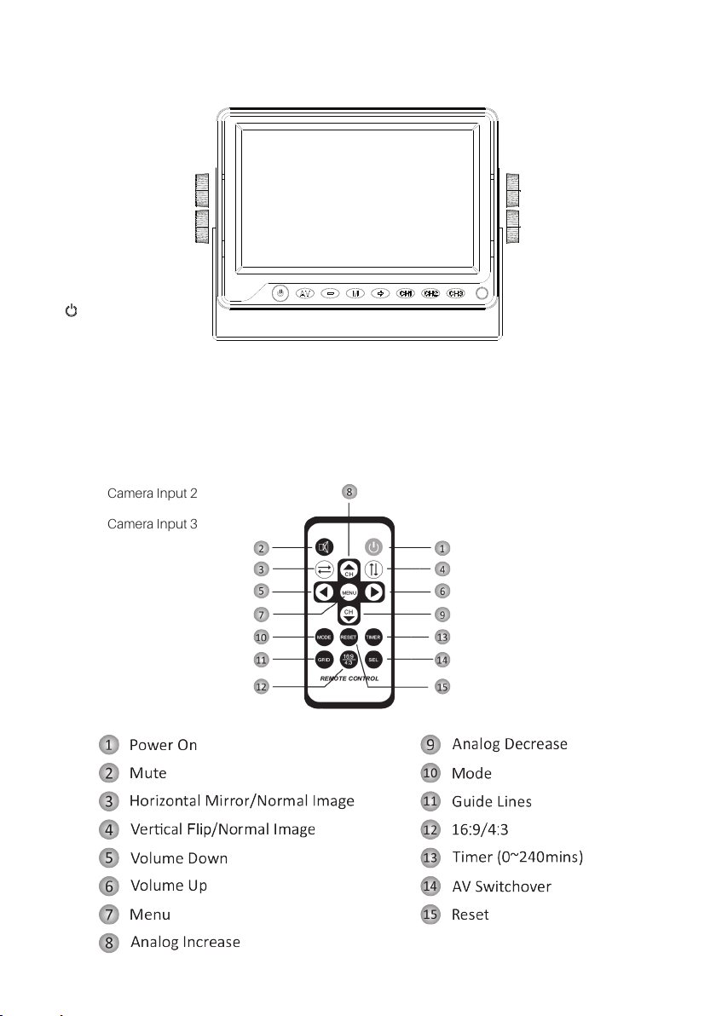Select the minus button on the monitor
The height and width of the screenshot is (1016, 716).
(x=332, y=293)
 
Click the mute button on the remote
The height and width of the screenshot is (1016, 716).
(x=325, y=547)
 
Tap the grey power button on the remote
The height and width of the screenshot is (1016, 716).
(x=372, y=547)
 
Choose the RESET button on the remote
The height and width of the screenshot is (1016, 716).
(x=349, y=637)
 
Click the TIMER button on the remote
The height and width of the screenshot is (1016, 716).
(x=372, y=637)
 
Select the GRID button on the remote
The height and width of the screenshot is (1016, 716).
(x=325, y=659)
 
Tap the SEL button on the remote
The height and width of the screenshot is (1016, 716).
(x=372, y=659)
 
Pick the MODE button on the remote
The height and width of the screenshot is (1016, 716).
(x=325, y=637)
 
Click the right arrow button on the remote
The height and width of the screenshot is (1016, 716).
(x=372, y=591)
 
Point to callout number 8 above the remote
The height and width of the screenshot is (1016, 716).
(x=349, y=491)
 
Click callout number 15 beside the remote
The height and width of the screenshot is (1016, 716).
(x=442, y=686)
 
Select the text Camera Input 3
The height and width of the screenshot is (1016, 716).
(x=153, y=523)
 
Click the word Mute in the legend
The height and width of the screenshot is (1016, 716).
(x=147, y=773)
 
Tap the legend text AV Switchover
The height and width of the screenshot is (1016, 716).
(x=501, y=886)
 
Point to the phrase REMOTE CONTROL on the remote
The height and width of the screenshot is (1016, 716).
(x=349, y=678)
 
